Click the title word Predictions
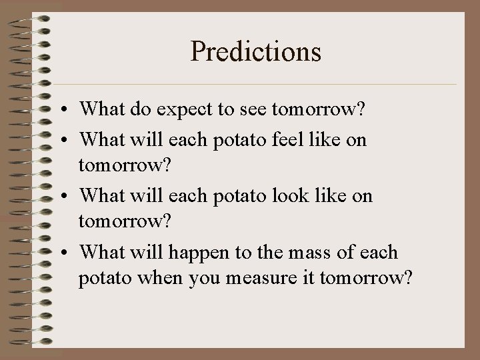[x=256, y=51]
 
